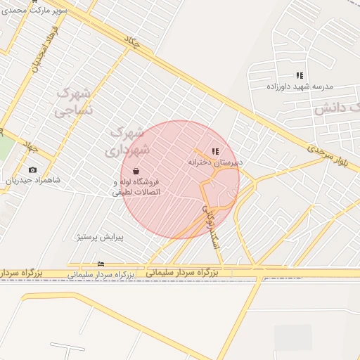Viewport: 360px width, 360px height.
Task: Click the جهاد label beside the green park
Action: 30,146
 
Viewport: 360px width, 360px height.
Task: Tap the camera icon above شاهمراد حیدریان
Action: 32,170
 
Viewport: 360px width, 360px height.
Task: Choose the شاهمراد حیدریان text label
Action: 33,181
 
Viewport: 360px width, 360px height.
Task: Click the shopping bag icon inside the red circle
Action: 135,171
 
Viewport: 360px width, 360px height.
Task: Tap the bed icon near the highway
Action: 101,264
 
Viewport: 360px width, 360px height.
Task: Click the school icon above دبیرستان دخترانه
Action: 215,150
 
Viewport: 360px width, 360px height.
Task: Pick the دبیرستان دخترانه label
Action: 215,162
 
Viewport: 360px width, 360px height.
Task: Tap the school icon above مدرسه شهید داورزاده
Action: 300,75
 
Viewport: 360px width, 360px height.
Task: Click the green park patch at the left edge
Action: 6,147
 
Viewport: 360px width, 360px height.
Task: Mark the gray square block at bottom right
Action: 292,337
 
